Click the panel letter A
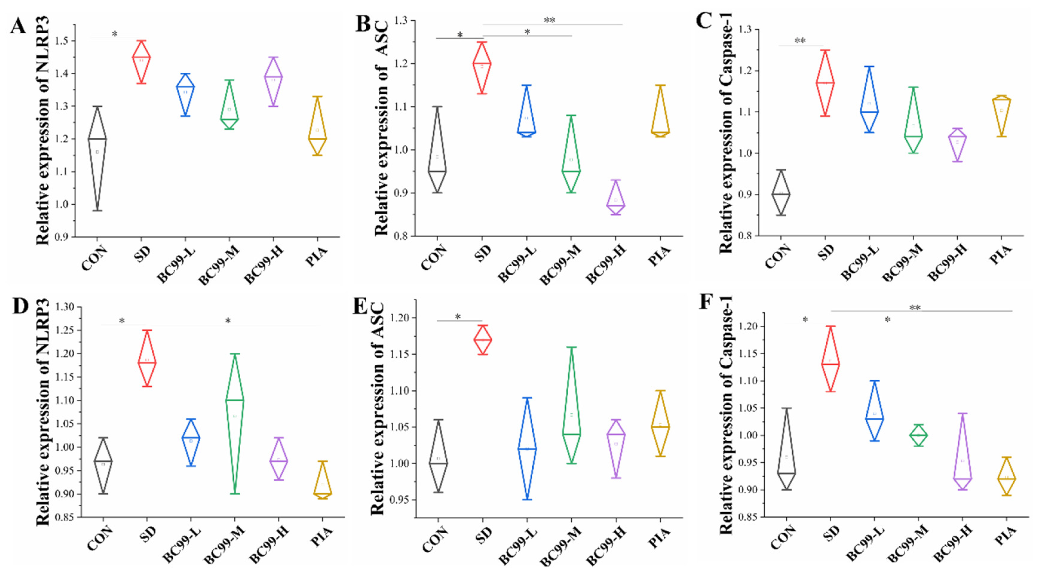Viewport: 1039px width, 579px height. click(18, 27)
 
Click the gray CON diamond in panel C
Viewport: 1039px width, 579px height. click(781, 193)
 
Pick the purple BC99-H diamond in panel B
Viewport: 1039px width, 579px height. click(616, 199)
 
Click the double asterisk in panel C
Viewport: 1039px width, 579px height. click(800, 41)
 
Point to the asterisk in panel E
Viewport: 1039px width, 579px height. click(458, 317)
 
